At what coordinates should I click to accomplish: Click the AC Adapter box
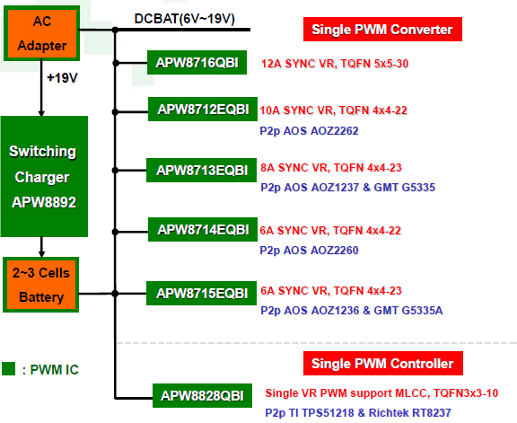coord(41,33)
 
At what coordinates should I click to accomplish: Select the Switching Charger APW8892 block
coord(44,177)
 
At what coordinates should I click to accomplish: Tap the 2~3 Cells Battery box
coord(41,285)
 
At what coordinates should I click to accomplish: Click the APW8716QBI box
coord(197,62)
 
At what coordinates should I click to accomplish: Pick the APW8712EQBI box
coord(203,110)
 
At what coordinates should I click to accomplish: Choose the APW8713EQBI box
coord(201,171)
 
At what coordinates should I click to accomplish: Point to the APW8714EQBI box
coord(203,230)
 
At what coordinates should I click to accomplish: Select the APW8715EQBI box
coord(201,294)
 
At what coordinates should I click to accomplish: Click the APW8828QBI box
coord(203,396)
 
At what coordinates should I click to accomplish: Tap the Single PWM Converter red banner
coord(382,30)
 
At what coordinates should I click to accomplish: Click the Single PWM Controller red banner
coord(383,364)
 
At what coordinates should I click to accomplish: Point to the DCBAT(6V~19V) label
coord(184,19)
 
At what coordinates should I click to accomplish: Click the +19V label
coord(62,78)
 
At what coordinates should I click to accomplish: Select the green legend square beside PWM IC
coord(9,369)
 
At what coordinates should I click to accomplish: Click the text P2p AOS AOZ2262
coord(309,131)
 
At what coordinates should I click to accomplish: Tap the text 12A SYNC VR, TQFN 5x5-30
coord(335,64)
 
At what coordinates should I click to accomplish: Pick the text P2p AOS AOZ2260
coord(309,250)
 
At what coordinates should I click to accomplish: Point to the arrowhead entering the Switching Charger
coord(41,113)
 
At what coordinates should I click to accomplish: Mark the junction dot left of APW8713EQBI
coord(115,171)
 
